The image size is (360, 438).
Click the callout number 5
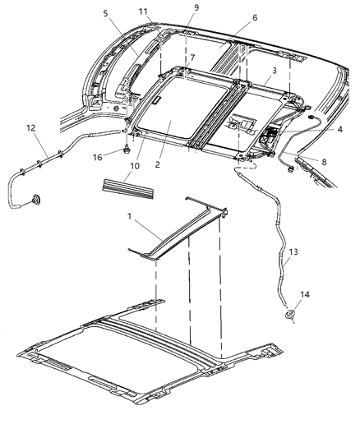pos(105,14)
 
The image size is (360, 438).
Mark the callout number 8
pos(323,162)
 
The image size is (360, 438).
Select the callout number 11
pos(144,12)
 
